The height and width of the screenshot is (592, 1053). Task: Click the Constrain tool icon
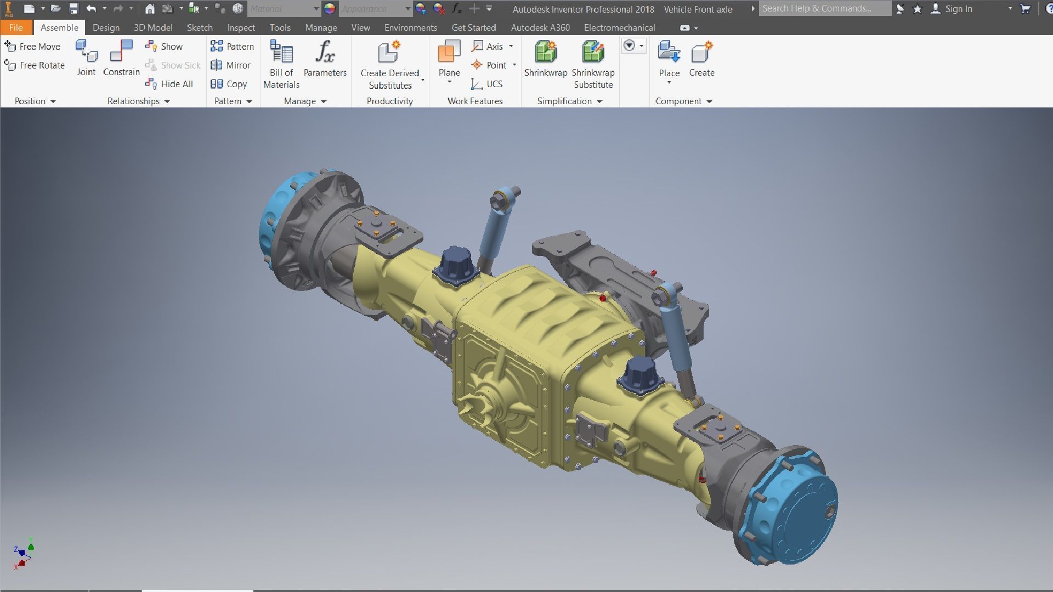tap(121, 53)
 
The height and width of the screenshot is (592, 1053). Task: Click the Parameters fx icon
tap(325, 53)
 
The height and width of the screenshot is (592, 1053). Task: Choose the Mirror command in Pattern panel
tap(231, 65)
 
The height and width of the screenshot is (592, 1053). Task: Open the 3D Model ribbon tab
tap(153, 27)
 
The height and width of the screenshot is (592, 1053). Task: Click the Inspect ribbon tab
tap(241, 27)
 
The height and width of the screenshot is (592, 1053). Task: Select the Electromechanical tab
tap(619, 27)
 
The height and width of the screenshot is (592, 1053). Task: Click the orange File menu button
tap(16, 27)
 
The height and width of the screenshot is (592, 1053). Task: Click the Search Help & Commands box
tap(824, 8)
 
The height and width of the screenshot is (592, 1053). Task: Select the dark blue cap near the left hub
tap(456, 264)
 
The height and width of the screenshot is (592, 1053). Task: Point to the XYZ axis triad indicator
tap(24, 554)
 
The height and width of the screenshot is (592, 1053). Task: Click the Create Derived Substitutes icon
tap(389, 53)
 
